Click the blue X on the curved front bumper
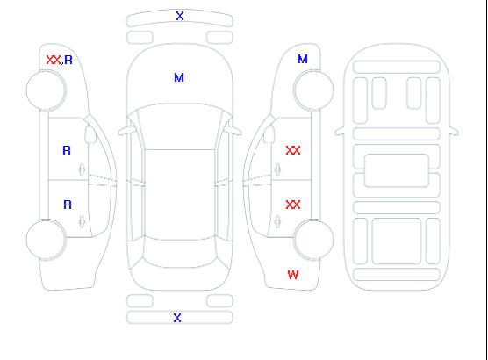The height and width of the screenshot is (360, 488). (180, 16)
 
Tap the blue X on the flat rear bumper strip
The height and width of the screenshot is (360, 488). (177, 318)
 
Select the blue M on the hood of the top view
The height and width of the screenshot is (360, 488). (179, 77)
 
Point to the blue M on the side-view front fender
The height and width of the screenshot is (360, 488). (303, 59)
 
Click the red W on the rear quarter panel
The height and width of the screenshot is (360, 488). (293, 275)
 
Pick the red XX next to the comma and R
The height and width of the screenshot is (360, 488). (54, 60)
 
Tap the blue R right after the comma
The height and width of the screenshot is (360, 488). (68, 60)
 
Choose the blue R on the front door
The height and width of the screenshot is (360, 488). (67, 150)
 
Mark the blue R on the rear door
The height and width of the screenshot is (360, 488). (68, 205)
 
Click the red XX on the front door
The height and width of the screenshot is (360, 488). (293, 150)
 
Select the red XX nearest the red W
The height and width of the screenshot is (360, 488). (293, 205)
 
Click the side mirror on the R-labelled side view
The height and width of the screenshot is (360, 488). (90, 134)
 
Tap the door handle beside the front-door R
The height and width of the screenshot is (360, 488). (83, 169)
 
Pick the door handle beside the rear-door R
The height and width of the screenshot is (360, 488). (83, 221)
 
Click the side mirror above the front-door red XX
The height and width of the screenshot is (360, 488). (269, 134)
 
